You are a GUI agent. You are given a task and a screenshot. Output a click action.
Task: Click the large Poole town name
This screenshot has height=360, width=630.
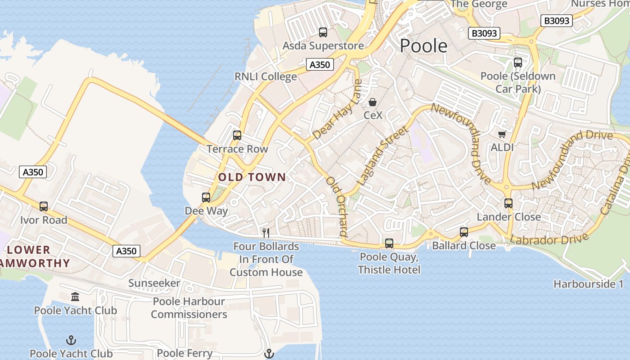423,45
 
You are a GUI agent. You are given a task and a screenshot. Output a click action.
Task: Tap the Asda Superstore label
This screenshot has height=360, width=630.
323,46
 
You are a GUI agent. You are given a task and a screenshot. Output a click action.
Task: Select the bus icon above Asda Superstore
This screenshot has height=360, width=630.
323,32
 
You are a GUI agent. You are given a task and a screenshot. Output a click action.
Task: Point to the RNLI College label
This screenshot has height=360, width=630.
265,77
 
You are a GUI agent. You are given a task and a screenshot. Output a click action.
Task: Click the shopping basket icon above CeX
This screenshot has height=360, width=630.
373,103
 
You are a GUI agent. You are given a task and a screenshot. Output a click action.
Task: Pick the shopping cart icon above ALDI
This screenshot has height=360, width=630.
502,134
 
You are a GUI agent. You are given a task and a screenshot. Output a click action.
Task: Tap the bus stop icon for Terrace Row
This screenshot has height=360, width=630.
237,135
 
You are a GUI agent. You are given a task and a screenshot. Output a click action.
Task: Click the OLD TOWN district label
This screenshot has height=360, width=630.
252,177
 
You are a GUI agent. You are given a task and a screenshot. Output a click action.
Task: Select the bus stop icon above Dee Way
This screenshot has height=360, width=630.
206,197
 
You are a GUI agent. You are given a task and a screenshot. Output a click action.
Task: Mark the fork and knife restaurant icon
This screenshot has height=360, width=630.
266,233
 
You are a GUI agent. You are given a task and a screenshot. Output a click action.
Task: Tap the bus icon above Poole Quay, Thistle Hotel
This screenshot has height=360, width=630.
389,243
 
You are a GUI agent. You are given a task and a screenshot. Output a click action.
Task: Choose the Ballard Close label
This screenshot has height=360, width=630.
464,246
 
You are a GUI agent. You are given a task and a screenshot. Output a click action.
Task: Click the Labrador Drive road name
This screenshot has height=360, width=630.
549,239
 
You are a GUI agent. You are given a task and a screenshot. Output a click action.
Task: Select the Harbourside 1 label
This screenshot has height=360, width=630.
589,284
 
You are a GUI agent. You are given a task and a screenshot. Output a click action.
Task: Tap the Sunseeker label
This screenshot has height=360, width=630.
154,283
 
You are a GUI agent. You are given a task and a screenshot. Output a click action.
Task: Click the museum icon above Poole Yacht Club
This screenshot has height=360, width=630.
75,297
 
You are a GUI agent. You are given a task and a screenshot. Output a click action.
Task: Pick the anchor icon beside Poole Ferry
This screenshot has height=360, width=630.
269,354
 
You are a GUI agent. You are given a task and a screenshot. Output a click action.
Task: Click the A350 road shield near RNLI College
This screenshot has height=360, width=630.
320,65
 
